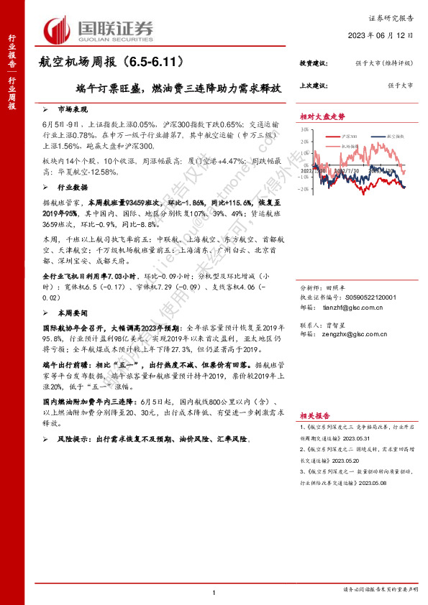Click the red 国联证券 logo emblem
pyautogui.click(x=57, y=29)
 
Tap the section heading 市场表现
pyautogui.click(x=72, y=109)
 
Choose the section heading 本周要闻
pyautogui.click(x=72, y=313)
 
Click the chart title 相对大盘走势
pyautogui.click(x=322, y=116)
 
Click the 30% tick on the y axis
pyautogui.click(x=305, y=130)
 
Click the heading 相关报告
pyautogui.click(x=315, y=415)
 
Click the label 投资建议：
pyautogui.click(x=314, y=64)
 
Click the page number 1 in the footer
pyautogui.click(x=214, y=592)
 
